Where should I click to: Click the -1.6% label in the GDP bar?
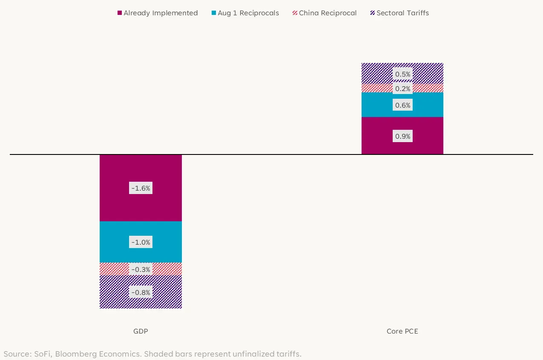tap(141, 188)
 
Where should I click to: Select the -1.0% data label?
tap(141, 242)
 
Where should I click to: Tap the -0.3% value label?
tap(141, 269)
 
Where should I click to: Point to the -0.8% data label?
tap(141, 292)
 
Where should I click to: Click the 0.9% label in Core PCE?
tap(402, 136)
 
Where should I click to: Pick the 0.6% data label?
tap(402, 105)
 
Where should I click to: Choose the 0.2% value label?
tap(402, 89)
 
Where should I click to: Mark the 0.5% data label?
tap(402, 74)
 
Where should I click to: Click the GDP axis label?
tap(141, 331)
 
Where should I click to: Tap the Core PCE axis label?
tap(402, 331)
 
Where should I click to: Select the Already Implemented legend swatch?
tap(120, 13)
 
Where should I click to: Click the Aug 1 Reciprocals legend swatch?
tap(214, 13)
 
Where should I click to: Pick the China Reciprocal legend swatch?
tap(295, 13)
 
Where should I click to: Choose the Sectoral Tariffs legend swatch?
tap(373, 13)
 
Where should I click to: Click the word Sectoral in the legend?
tap(389, 13)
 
